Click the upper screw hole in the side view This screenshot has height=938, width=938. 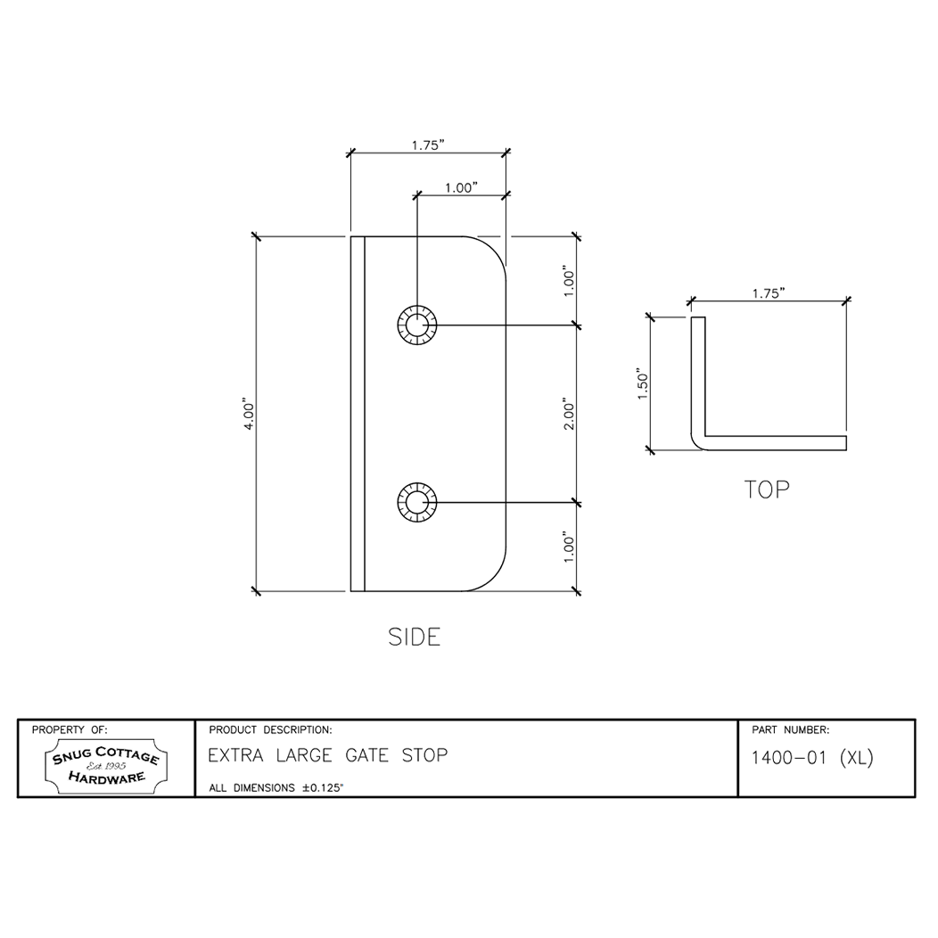click(x=416, y=326)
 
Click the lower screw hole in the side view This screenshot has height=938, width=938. click(x=416, y=503)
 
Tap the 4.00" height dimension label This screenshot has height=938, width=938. click(x=251, y=415)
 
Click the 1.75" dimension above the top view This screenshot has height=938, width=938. click(x=768, y=293)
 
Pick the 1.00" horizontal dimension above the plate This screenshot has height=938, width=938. click(x=461, y=188)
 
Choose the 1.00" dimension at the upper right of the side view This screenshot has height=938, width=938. click(x=570, y=280)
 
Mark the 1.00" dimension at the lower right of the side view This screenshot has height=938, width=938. click(x=570, y=547)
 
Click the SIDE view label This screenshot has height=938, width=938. click(x=415, y=637)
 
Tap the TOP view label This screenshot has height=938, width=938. click(x=767, y=490)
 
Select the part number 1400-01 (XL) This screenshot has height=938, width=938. click(x=811, y=759)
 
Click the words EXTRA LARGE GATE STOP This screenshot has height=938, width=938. click(x=327, y=756)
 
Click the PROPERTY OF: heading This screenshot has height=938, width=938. click(x=70, y=729)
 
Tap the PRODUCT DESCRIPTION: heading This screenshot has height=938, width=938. click(x=269, y=729)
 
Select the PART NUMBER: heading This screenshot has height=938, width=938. click(x=791, y=729)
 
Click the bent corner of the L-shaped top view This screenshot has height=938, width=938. click(x=699, y=441)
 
